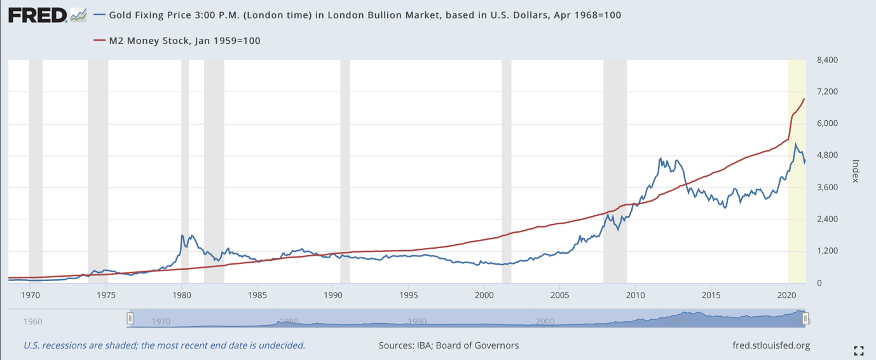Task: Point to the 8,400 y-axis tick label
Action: click(827, 60)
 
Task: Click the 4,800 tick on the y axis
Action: click(827, 155)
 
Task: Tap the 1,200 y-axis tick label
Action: click(827, 251)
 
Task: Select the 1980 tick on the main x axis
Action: click(182, 295)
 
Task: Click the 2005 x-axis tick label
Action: click(560, 295)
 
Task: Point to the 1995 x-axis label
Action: click(409, 295)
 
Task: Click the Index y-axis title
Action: click(855, 171)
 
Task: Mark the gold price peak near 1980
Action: click(182, 235)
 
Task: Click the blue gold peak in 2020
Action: click(796, 144)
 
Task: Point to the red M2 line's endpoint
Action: click(805, 99)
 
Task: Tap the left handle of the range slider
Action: click(130, 319)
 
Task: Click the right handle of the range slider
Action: click(805, 319)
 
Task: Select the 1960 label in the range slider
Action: click(32, 321)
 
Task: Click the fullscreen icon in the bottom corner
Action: click(859, 350)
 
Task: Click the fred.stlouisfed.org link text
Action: click(771, 345)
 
